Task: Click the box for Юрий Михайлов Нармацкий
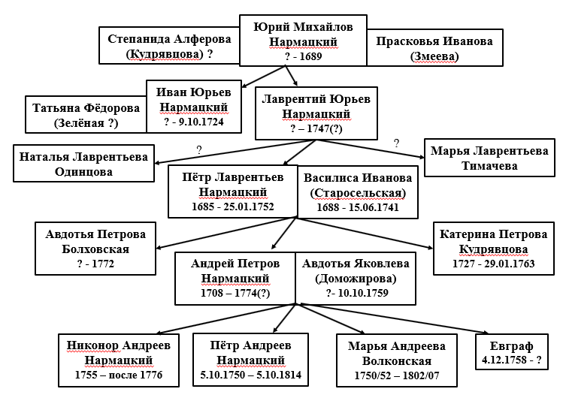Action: pyautogui.click(x=303, y=41)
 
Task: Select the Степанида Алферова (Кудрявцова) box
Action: pyautogui.click(x=169, y=46)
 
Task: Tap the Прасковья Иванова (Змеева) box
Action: pyautogui.click(x=434, y=48)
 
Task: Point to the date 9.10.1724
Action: pyautogui.click(x=201, y=122)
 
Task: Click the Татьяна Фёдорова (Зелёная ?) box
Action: pyautogui.click(x=86, y=114)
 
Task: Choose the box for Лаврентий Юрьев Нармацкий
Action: pyautogui.click(x=316, y=113)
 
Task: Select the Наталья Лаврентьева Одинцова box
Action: pyautogui.click(x=83, y=164)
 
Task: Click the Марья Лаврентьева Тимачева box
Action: pyautogui.click(x=489, y=158)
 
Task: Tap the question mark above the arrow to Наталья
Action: pyautogui.click(x=199, y=150)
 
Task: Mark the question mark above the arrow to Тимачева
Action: pyautogui.click(x=396, y=143)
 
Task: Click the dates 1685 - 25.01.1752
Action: pyautogui.click(x=233, y=207)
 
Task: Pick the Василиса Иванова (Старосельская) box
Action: pyautogui.click(x=358, y=191)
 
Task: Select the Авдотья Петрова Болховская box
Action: pyautogui.click(x=95, y=249)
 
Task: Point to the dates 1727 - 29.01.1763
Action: pyautogui.click(x=494, y=264)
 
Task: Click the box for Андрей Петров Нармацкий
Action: pyautogui.click(x=235, y=279)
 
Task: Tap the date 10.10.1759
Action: pyautogui.click(x=363, y=293)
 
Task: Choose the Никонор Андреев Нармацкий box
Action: pyautogui.click(x=119, y=360)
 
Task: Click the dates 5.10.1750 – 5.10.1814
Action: pyautogui.click(x=250, y=375)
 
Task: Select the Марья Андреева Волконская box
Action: pyautogui.click(x=397, y=360)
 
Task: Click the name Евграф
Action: pyautogui.click(x=512, y=346)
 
